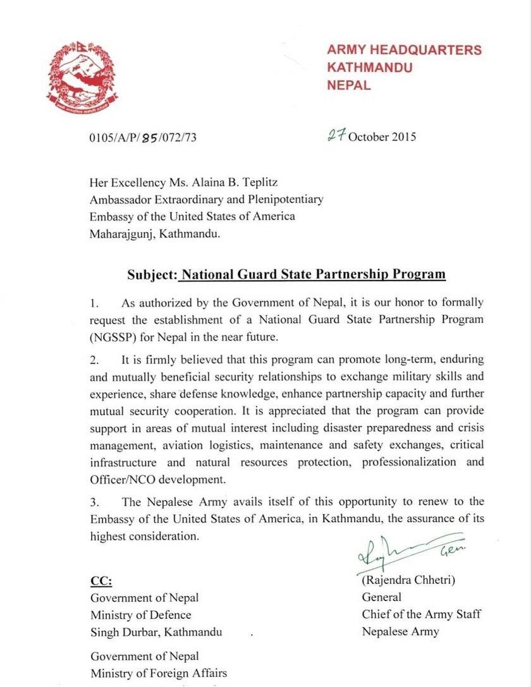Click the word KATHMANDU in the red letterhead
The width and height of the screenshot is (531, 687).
[x=370, y=67]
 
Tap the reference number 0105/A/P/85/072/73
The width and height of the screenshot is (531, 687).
[x=143, y=137]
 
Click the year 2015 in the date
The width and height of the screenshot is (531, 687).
[x=403, y=137]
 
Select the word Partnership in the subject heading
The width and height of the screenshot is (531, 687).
[x=349, y=275]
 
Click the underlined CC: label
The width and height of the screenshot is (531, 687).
[x=101, y=581]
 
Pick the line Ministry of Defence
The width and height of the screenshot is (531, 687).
[x=141, y=614]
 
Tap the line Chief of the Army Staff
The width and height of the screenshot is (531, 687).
[x=420, y=614]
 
